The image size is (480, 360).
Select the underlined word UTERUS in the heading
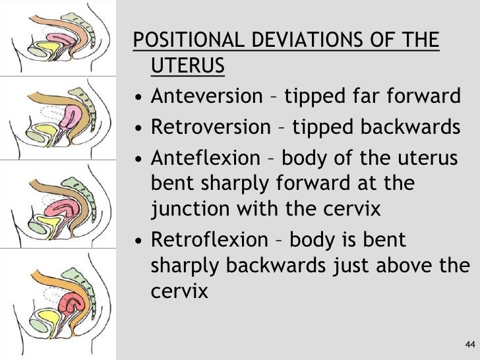[x=188, y=67]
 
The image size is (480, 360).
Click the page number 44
[x=469, y=345]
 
